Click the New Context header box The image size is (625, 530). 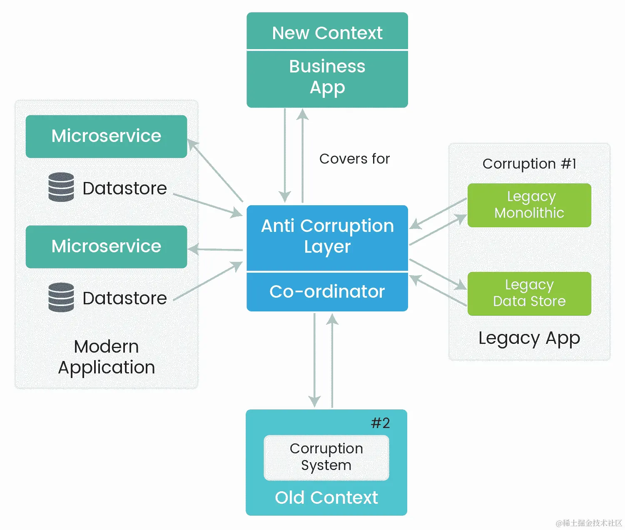click(x=327, y=32)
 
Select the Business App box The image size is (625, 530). click(x=327, y=78)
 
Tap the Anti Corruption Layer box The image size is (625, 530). click(x=327, y=236)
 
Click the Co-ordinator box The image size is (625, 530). click(x=327, y=291)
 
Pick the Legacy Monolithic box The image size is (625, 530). click(x=529, y=205)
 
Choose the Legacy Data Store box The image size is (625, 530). click(x=529, y=293)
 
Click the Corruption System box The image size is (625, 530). click(x=326, y=457)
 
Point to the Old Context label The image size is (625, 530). click(x=326, y=498)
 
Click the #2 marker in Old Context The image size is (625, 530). click(x=380, y=423)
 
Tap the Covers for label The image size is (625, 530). click(x=354, y=159)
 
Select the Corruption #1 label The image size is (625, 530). click(x=529, y=164)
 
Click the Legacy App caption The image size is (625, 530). click(x=529, y=338)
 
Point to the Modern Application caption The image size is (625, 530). click(x=106, y=357)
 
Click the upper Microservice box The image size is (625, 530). click(x=106, y=136)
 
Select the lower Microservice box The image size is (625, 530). click(x=106, y=246)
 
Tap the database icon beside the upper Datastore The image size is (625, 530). click(x=61, y=187)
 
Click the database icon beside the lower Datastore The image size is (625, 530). click(x=61, y=297)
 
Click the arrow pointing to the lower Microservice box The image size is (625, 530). click(x=215, y=249)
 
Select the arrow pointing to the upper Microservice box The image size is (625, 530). click(x=215, y=170)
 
